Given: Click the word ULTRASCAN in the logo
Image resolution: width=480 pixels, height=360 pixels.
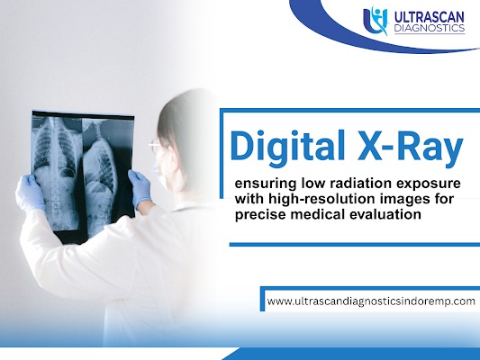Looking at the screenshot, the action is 430,17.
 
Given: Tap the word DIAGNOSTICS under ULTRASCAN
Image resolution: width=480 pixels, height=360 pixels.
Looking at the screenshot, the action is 430,28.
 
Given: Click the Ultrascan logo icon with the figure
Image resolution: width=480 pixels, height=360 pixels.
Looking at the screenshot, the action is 376,21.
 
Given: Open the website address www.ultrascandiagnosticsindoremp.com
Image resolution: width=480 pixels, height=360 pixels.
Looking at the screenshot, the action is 371,301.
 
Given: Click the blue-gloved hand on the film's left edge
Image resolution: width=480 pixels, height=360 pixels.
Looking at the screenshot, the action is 30,193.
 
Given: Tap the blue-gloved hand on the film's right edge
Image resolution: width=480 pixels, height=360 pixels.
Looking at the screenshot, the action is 140,188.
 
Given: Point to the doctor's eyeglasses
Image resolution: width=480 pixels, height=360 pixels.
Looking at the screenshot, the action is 155,145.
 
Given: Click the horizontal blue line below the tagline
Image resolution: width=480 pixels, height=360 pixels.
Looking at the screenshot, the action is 355,245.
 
